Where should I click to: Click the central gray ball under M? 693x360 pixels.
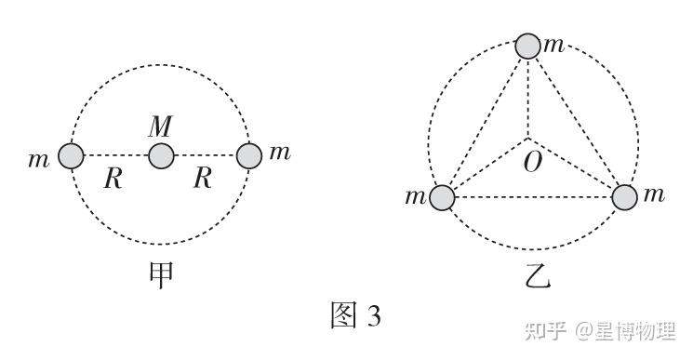(x=161, y=156)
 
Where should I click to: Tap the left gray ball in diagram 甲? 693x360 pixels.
(x=71, y=156)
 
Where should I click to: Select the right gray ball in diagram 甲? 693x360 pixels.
(x=249, y=156)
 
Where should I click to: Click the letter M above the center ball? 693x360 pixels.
(x=160, y=127)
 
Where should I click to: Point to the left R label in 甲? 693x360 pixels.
(x=113, y=179)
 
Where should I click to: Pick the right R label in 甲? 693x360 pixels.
(x=203, y=179)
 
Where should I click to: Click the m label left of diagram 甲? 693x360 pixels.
(x=39, y=159)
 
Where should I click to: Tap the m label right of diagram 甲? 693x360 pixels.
(x=280, y=153)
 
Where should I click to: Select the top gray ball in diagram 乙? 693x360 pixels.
(x=528, y=46)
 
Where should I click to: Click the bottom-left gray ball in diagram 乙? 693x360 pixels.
(x=442, y=197)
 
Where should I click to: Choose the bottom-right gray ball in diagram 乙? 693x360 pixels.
(x=624, y=197)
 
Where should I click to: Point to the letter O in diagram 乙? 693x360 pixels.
(x=533, y=162)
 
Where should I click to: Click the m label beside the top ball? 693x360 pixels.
(x=554, y=45)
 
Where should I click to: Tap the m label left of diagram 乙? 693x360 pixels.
(x=416, y=196)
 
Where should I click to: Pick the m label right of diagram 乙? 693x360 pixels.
(x=654, y=194)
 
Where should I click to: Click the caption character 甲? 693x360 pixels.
(x=160, y=274)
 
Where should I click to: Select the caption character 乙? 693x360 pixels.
(x=537, y=275)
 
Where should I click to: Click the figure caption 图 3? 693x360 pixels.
(x=355, y=315)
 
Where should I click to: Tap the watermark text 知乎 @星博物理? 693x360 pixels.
(x=601, y=331)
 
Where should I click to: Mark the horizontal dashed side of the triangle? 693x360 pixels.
(x=533, y=197)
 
